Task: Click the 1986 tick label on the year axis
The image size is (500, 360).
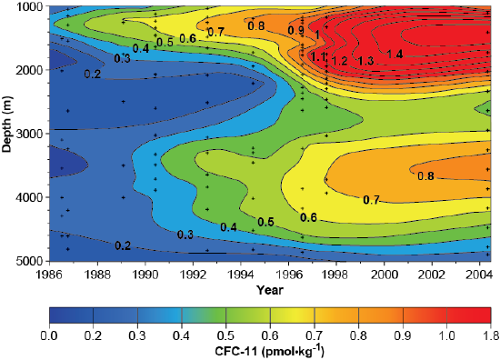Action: pos(51,273)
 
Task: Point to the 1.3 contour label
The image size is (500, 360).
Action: pos(365,60)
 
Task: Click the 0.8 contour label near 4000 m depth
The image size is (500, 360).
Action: pos(425,176)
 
